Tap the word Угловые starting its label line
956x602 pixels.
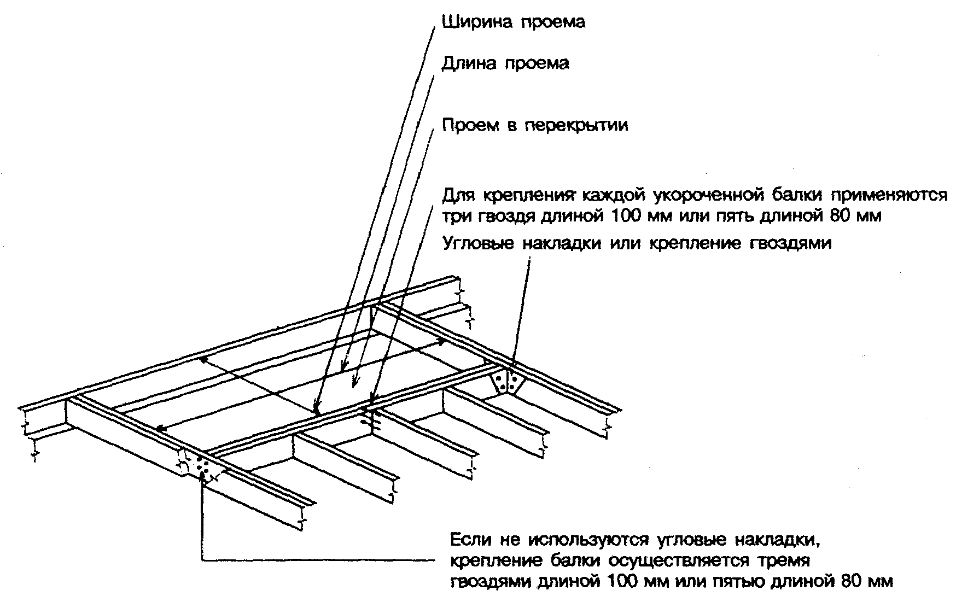(478, 243)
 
